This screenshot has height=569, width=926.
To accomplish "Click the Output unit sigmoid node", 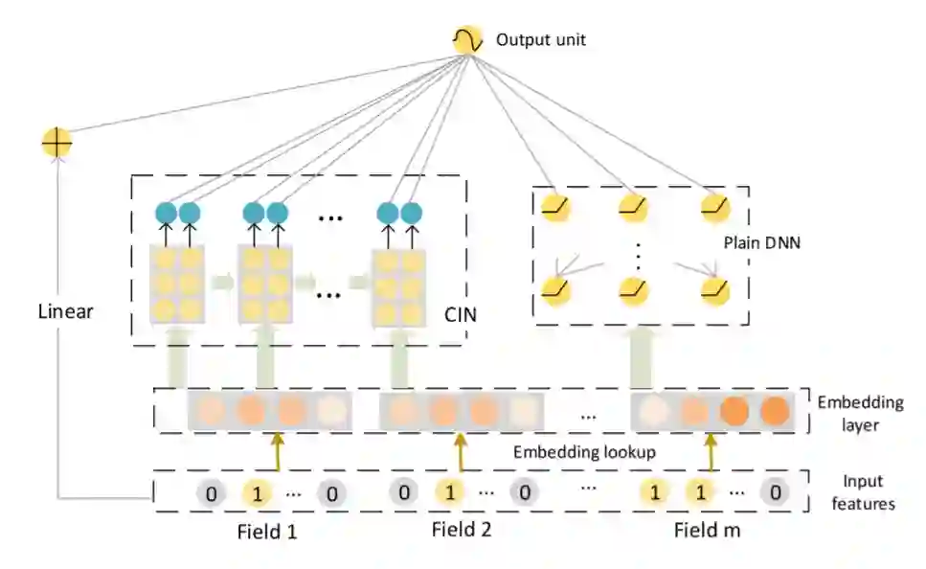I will (x=466, y=39).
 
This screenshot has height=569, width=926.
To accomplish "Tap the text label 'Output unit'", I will (x=540, y=40).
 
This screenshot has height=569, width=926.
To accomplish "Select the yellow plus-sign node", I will (x=56, y=144).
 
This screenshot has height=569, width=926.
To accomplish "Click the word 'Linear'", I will (x=65, y=311).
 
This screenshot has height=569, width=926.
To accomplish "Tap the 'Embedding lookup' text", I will (x=584, y=452).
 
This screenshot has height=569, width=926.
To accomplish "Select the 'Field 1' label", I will (x=266, y=530).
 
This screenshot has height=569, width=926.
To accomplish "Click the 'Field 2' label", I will (x=462, y=530).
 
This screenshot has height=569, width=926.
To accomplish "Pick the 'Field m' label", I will (x=707, y=530).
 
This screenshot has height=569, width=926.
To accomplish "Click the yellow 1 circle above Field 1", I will (x=256, y=493).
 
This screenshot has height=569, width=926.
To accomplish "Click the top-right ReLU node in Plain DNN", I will (x=714, y=205).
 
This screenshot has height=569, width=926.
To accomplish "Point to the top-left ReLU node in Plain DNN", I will (x=553, y=205).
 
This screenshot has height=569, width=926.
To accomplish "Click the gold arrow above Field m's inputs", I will (x=710, y=451).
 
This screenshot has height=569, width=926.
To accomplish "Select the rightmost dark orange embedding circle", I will (x=774, y=411).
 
